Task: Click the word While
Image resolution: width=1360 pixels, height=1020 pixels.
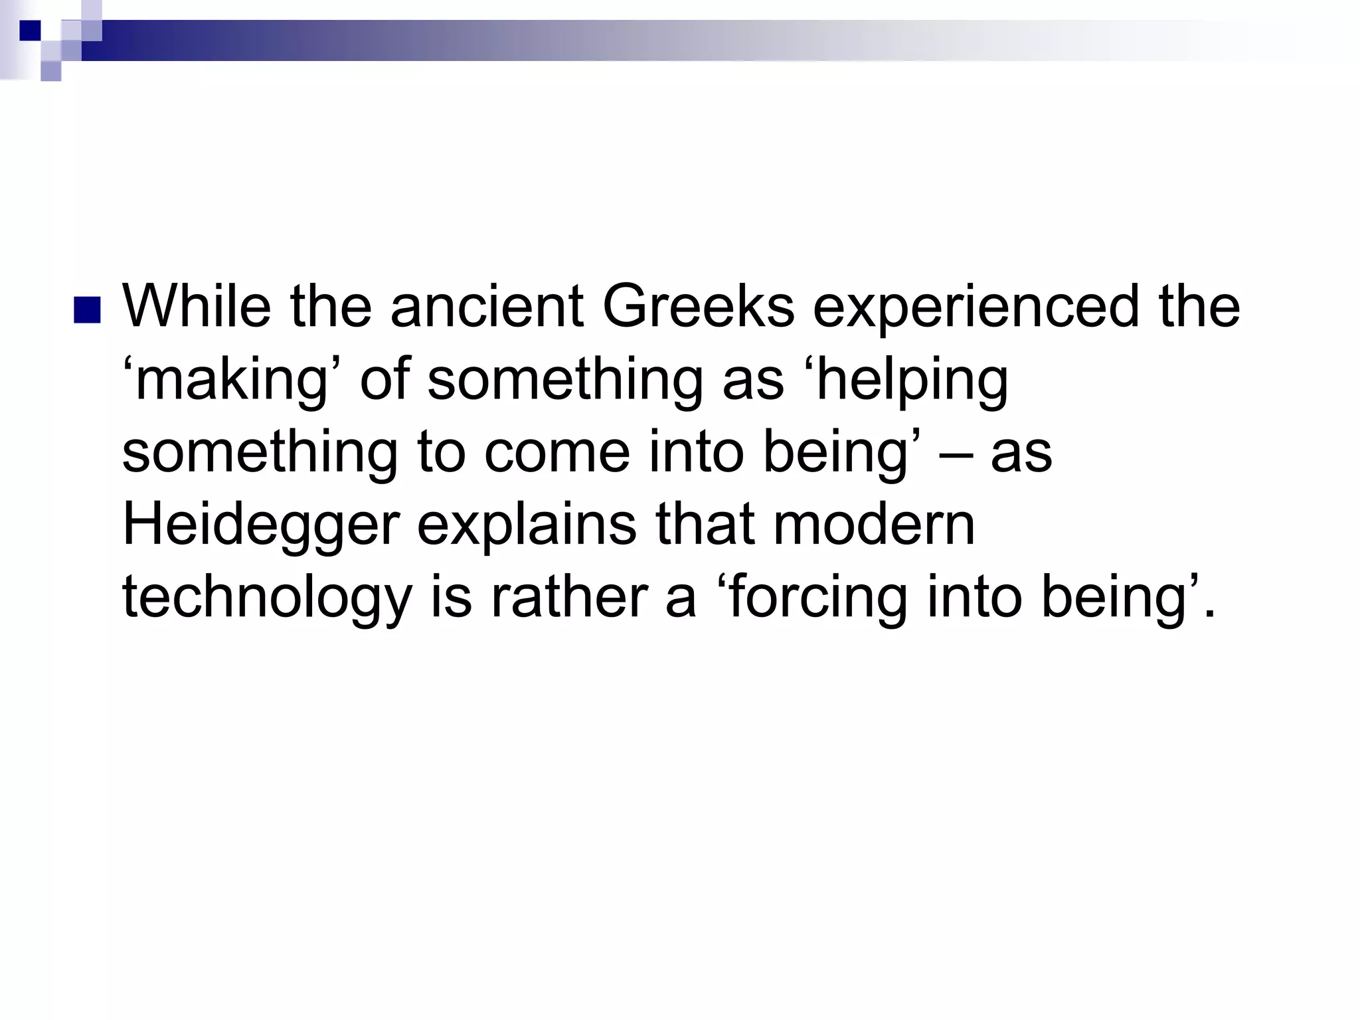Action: coord(197,307)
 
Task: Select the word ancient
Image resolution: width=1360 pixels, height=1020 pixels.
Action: coord(487,307)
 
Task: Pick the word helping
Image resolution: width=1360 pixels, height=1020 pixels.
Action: coord(911,381)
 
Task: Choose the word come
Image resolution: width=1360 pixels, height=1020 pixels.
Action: coord(557,453)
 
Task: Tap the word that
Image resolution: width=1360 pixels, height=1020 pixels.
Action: coord(705,525)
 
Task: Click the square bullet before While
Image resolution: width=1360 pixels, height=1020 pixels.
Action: coord(87,310)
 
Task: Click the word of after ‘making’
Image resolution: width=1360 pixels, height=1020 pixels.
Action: coord(384,380)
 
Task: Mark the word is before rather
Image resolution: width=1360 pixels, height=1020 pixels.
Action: coord(451,598)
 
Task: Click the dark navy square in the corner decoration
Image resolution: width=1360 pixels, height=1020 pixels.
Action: coord(30,31)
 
